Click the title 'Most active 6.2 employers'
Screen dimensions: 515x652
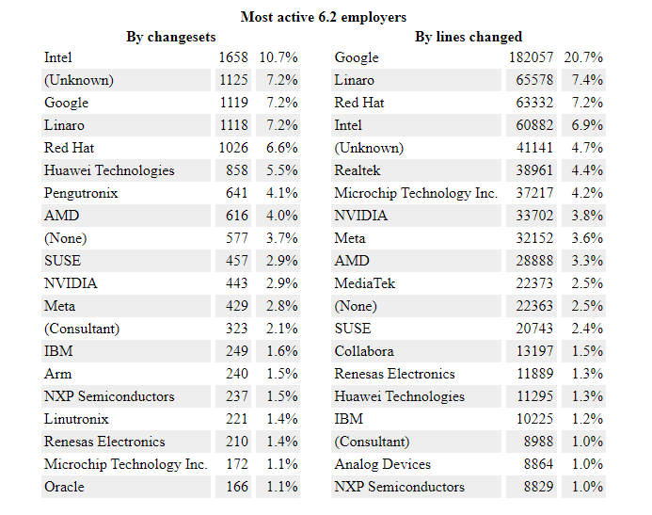[x=324, y=17]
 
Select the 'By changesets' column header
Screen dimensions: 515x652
[x=171, y=37]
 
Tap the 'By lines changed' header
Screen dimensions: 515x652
[x=469, y=37]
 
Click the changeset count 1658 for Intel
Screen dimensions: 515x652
[x=233, y=57]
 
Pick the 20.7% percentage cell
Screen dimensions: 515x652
[x=583, y=57]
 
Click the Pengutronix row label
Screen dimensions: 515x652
[x=81, y=193]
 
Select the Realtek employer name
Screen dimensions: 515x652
[x=357, y=170]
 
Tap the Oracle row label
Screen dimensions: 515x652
[x=64, y=487]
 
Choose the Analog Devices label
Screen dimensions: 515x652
[x=382, y=464]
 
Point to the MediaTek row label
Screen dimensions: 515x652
[x=365, y=283]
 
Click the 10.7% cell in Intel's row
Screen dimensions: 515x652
[x=278, y=57]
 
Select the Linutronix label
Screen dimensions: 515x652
[x=76, y=419]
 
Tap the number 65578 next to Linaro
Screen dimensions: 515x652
[x=534, y=80]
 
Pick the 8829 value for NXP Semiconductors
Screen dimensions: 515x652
[x=538, y=487]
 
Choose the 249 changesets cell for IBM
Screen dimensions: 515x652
[x=237, y=351]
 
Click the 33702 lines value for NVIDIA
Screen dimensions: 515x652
[x=534, y=216]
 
